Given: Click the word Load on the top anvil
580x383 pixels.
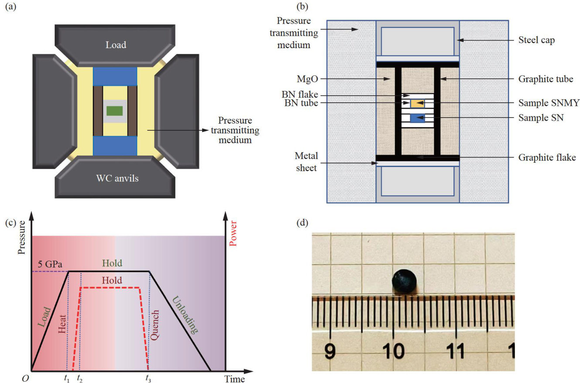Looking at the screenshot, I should (115, 45).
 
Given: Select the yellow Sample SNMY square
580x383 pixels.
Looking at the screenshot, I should (417, 104).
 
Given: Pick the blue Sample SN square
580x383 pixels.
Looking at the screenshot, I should (417, 118).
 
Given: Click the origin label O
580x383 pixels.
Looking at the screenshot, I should (25, 379).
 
